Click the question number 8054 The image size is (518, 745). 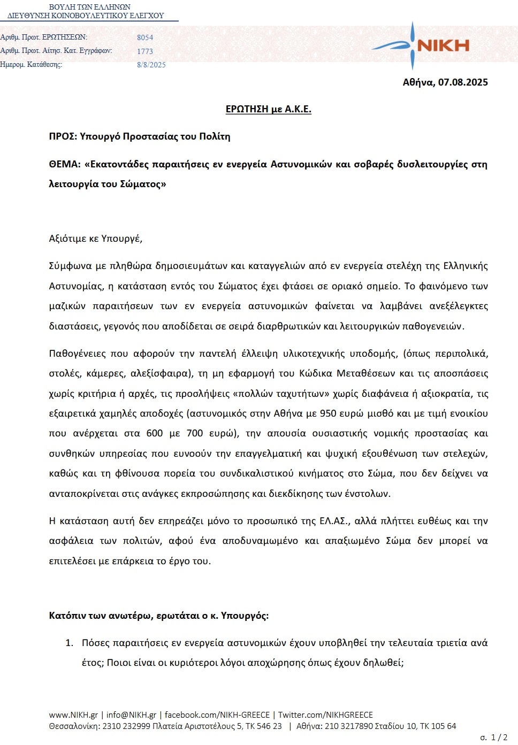click(145, 37)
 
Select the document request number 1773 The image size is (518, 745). click(145, 51)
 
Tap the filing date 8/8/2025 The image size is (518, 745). click(151, 65)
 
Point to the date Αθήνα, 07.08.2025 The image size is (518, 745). click(445, 82)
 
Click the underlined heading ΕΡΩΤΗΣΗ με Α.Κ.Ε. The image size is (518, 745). click(268, 109)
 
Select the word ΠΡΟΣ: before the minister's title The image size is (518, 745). click(63, 136)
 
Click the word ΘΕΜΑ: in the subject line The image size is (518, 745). click(65, 164)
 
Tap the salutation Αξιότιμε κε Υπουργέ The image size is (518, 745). click(96, 239)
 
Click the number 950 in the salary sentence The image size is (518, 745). click(328, 413)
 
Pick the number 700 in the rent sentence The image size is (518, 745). click(195, 433)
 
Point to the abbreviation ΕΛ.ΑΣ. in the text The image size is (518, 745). click(334, 521)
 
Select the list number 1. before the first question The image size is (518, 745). click(69, 643)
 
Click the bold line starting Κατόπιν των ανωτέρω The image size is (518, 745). click(159, 616)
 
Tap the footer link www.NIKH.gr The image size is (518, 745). click(73, 715)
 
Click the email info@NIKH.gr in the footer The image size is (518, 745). click(131, 715)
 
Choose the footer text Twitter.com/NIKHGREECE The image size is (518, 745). click(325, 715)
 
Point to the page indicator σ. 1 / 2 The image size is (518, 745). click(493, 738)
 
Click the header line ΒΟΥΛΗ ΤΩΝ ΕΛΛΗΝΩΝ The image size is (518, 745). click(90, 7)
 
